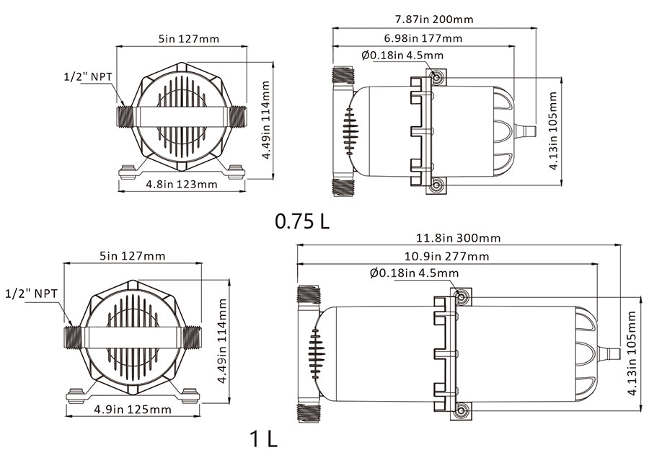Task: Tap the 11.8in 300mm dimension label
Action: (x=458, y=237)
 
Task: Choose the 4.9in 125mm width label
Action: (x=133, y=410)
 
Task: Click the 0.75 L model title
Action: (x=302, y=221)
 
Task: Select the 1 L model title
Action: (x=263, y=438)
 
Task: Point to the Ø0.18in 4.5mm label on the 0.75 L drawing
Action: (x=402, y=55)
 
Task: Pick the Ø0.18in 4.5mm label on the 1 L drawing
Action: (x=414, y=273)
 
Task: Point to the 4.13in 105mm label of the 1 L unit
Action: (x=632, y=353)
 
